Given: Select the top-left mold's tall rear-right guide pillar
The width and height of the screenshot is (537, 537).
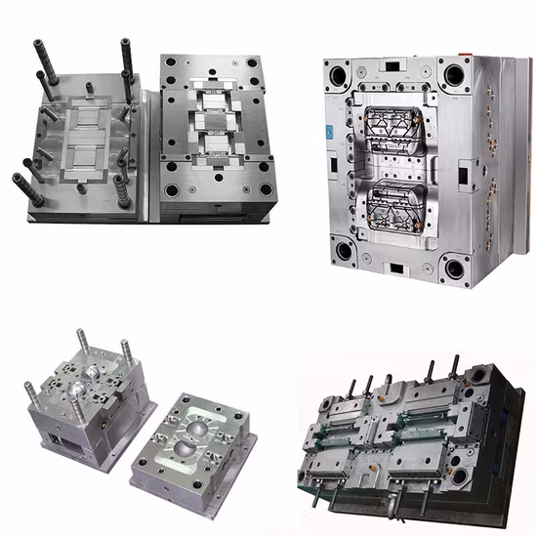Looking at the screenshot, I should coord(126,57).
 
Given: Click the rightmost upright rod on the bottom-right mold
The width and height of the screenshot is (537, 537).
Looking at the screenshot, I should coord(455,367).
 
